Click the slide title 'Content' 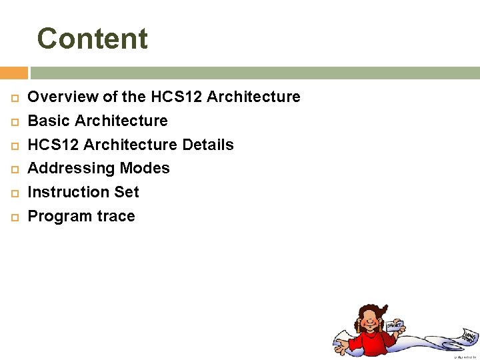[x=92, y=39]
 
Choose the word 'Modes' [x=145, y=169]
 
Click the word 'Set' [x=127, y=192]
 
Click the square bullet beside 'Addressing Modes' [x=12, y=169]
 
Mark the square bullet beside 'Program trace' [x=12, y=217]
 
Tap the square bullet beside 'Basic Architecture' [x=12, y=121]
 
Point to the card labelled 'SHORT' [x=395, y=326]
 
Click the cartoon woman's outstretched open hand [x=342, y=347]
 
